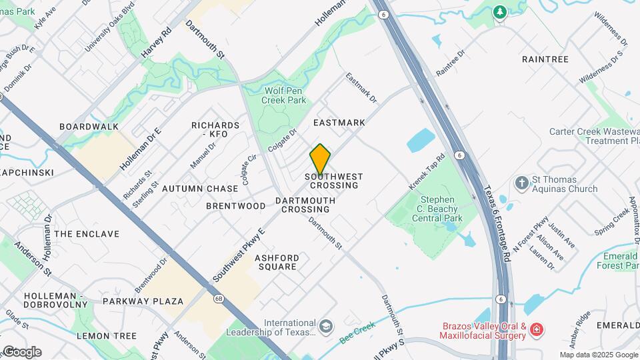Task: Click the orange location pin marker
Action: tap(320, 159)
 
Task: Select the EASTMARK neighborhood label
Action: tap(339, 123)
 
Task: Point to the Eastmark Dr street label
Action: tap(361, 88)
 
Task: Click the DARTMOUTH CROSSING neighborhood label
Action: tap(305, 205)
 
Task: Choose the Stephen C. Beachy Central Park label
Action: tap(437, 209)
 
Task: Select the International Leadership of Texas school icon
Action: tap(325, 327)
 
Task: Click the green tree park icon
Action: tap(499, 13)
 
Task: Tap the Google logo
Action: tap(21, 352)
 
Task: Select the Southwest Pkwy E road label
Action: tap(239, 254)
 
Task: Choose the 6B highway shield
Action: tap(219, 298)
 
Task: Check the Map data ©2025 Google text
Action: tap(599, 355)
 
